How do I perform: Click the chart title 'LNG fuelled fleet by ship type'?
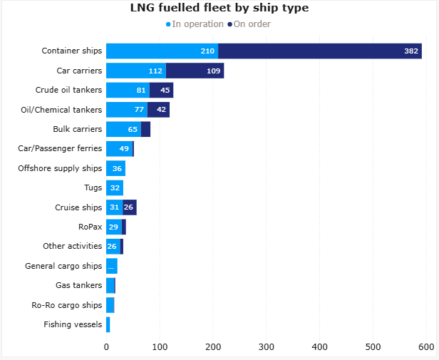pyautogui.click(x=219, y=9)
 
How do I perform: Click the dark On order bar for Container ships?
pyautogui.click(x=320, y=51)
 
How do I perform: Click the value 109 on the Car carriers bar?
pyautogui.click(x=213, y=71)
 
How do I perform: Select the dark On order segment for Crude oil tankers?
pyautogui.click(x=162, y=90)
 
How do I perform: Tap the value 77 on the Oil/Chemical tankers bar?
pyautogui.click(x=140, y=110)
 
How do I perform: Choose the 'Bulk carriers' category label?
pyautogui.click(x=77, y=129)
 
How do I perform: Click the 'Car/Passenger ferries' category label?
pyautogui.click(x=60, y=148)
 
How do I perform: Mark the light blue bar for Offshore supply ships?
pyautogui.click(x=115, y=168)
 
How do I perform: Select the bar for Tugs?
pyautogui.click(x=115, y=187)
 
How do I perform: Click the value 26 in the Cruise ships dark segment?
pyautogui.click(x=128, y=207)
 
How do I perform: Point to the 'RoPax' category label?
pyautogui.click(x=90, y=227)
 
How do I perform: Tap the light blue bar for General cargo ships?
pyautogui.click(x=112, y=266)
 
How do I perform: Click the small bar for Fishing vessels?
pyautogui.click(x=108, y=324)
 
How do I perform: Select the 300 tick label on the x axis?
pyautogui.click(x=267, y=347)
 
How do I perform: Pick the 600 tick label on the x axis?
pyautogui.click(x=426, y=347)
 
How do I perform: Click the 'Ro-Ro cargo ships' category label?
pyautogui.click(x=67, y=305)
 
